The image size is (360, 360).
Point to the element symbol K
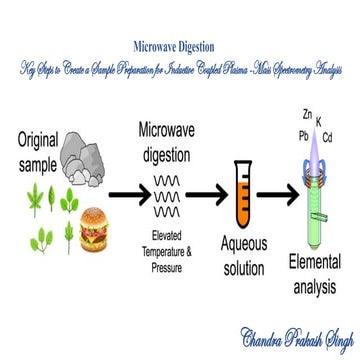[319, 122]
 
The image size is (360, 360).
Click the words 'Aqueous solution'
[244, 259]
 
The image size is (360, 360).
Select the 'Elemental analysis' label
[314, 274]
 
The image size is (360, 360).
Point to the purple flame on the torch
[317, 150]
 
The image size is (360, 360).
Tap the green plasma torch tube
[316, 210]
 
